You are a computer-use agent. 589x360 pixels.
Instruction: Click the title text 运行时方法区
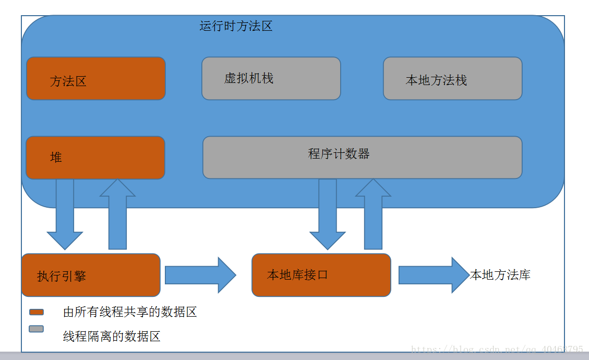pos(236,26)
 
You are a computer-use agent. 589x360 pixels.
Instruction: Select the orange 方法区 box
pos(96,79)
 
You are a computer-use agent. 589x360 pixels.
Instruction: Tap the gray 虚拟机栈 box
pos(271,78)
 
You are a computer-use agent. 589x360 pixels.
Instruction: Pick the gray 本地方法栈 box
pos(452,79)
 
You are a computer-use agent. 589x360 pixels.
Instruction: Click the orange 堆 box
pos(95,158)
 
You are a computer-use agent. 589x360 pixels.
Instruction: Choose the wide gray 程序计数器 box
pos(362,158)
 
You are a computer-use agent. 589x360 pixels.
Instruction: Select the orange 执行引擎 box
pos(91,275)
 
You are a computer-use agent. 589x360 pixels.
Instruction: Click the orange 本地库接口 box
pos(321,275)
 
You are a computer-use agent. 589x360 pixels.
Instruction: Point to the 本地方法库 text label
pos(500,275)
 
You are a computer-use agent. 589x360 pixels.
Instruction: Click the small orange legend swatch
pos(37,312)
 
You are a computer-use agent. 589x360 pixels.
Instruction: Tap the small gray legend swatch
pos(37,329)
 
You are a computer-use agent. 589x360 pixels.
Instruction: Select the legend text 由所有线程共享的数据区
pos(130,312)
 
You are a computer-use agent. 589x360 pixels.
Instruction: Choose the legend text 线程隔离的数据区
pos(112,337)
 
